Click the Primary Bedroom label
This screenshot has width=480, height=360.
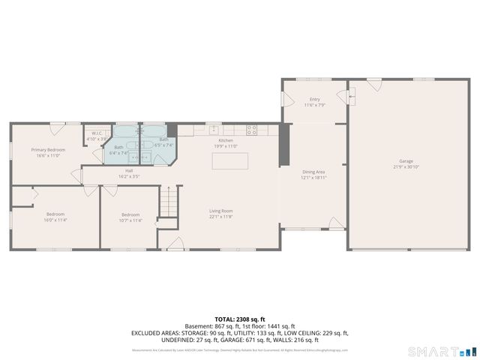pyautogui.click(x=48, y=150)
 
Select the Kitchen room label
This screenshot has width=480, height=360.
pyautogui.click(x=226, y=141)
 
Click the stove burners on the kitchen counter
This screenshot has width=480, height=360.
pyautogui.click(x=252, y=129)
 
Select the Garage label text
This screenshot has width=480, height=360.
pyautogui.click(x=406, y=161)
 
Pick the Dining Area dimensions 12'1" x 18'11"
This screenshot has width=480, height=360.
pyautogui.click(x=313, y=178)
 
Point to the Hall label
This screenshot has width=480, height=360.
pyautogui.click(x=129, y=170)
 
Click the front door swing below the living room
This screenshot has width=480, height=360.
pyautogui.click(x=175, y=243)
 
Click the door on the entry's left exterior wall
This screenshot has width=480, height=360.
pyautogui.click(x=285, y=100)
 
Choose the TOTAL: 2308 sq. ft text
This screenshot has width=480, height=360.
pyautogui.click(x=240, y=319)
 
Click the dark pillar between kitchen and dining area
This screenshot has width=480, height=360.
pyautogui.click(x=284, y=145)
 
